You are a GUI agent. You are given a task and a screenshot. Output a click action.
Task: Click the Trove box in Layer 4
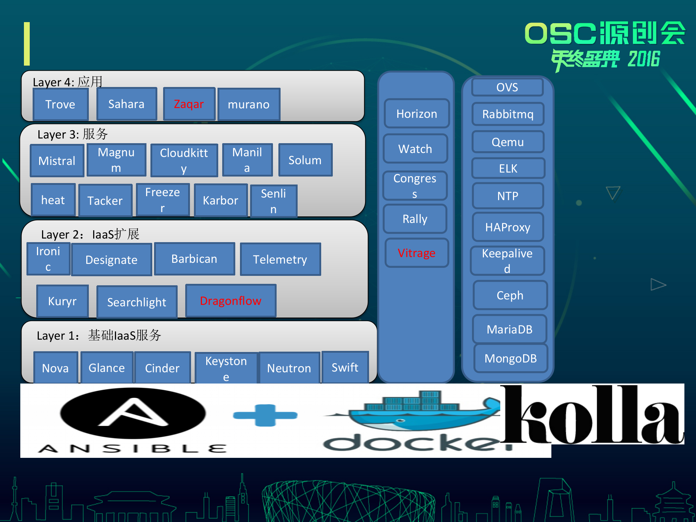click(x=61, y=104)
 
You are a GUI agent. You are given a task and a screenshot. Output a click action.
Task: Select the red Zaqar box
click(x=189, y=104)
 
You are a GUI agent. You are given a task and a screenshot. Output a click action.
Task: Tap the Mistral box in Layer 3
click(x=57, y=161)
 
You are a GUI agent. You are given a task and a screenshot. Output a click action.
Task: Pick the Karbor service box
click(x=220, y=200)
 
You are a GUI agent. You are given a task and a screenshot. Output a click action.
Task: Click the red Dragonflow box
click(x=231, y=301)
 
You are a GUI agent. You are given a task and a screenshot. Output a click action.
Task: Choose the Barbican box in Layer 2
click(x=194, y=259)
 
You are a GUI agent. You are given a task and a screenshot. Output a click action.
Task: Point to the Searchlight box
click(x=137, y=302)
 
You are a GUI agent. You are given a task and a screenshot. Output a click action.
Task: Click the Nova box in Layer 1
click(x=55, y=368)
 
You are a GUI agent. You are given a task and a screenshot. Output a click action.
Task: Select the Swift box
click(x=345, y=367)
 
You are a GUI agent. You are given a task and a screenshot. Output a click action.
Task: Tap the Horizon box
click(x=417, y=114)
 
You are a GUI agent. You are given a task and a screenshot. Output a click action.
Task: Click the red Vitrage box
click(x=417, y=253)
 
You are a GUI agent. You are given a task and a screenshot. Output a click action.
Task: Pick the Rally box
click(x=415, y=219)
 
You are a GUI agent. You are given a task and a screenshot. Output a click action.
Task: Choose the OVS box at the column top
click(x=507, y=87)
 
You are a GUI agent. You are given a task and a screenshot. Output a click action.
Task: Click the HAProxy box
click(x=508, y=227)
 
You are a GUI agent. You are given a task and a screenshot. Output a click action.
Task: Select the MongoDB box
click(x=510, y=358)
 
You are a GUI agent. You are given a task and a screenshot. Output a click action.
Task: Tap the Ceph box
click(x=510, y=295)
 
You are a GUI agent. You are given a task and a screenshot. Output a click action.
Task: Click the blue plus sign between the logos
click(x=265, y=415)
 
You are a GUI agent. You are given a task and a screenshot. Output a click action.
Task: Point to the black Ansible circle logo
click(x=133, y=413)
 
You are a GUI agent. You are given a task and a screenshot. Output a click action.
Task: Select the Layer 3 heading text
click(x=72, y=134)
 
